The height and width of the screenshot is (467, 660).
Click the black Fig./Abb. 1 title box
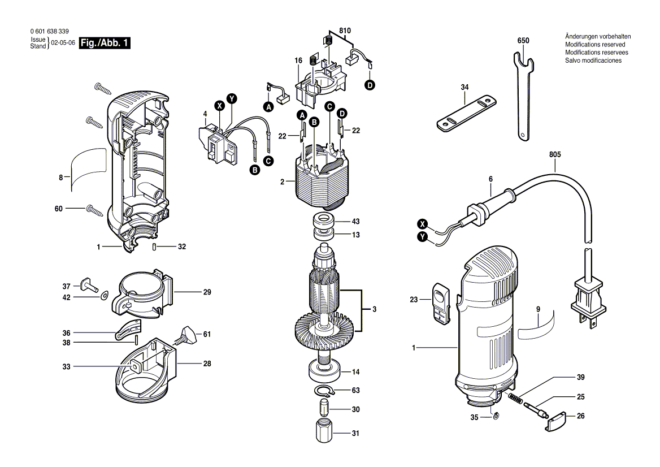click(x=105, y=43)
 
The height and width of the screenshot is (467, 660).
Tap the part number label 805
click(x=555, y=154)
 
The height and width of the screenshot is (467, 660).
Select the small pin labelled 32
click(x=154, y=247)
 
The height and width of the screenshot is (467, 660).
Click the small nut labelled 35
click(x=496, y=417)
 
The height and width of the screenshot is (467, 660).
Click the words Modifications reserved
click(x=595, y=45)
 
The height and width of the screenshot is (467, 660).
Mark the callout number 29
click(x=207, y=292)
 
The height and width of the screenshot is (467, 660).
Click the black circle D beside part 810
click(x=369, y=85)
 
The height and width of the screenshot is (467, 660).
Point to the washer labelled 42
click(x=103, y=297)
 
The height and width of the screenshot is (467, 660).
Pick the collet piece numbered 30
click(x=323, y=408)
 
